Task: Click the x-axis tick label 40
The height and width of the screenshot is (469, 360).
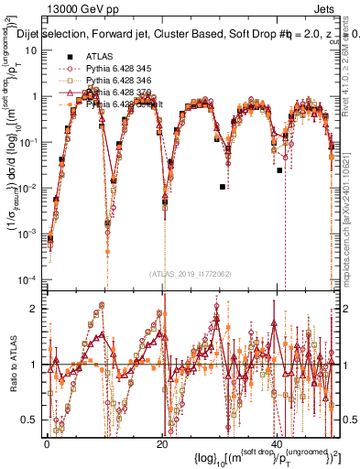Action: coord(276,442)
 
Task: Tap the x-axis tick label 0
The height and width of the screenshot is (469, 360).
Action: coord(48,442)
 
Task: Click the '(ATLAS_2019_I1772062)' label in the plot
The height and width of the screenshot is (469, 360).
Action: coord(191,274)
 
